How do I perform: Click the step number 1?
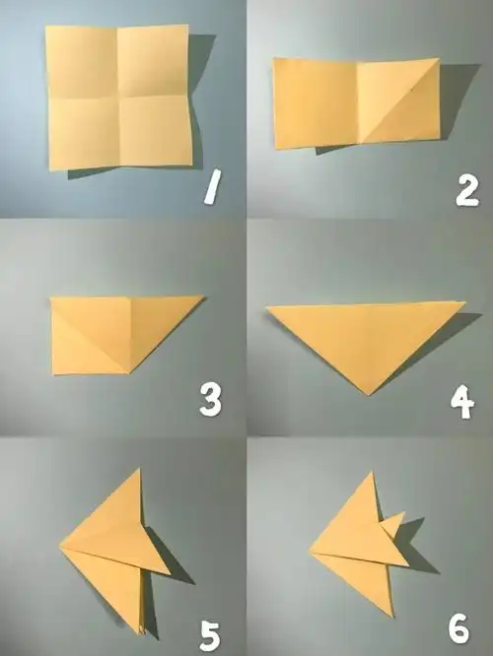[213, 187]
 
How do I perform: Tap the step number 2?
[467, 191]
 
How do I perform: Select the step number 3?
[210, 401]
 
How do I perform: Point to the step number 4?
[462, 402]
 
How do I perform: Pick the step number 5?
[210, 635]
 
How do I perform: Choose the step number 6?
[459, 629]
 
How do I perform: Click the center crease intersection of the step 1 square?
[118, 98]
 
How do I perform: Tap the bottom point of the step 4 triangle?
[369, 395]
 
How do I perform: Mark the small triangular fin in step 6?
[393, 523]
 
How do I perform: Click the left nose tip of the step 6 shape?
[310, 550]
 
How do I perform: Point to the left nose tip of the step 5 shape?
[60, 545]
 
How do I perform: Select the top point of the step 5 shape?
[139, 469]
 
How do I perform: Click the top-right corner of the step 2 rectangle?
[439, 58]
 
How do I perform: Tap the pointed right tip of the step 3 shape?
[204, 297]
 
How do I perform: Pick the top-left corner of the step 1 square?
[46, 26]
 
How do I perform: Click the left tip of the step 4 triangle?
[266, 307]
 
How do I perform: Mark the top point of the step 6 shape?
[372, 473]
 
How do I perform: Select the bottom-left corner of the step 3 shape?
[53, 374]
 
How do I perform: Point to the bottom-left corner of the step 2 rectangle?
[275, 148]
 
